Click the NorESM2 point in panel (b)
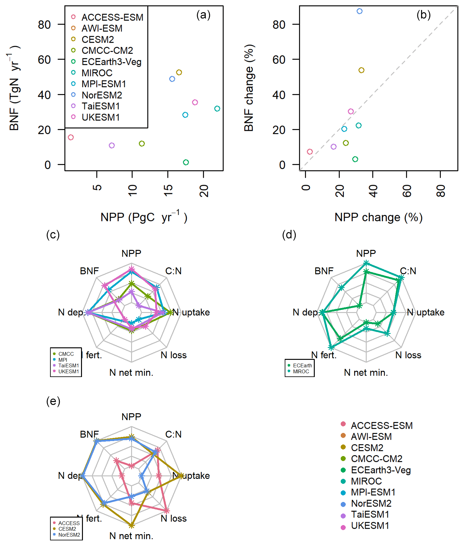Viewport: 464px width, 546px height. pos(359,11)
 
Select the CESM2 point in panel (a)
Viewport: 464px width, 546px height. pos(179,72)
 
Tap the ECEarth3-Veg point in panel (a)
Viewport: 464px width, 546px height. pos(186,162)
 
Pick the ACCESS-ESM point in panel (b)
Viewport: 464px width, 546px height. pos(310,152)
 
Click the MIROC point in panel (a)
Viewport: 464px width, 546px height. pos(217,109)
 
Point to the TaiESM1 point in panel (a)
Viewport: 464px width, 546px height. pos(112,145)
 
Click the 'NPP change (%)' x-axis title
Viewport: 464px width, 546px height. pos(378,217)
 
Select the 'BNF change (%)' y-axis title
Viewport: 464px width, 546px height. pos(249,88)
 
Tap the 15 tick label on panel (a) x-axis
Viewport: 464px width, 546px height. pos(168,190)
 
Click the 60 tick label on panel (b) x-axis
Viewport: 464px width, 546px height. pos(407,191)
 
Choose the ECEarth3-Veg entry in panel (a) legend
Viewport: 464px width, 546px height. pos(111,62)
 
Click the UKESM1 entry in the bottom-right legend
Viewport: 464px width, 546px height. pos(370,526)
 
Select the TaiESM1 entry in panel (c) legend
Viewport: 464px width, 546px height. pos(69,365)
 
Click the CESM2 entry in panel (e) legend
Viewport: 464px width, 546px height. pos(67,529)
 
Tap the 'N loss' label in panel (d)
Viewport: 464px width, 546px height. pos(408,355)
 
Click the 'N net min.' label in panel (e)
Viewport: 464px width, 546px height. pos(131,536)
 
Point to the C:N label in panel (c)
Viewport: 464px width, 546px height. pos(173,271)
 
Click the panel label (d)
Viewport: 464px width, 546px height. pos(289,235)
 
